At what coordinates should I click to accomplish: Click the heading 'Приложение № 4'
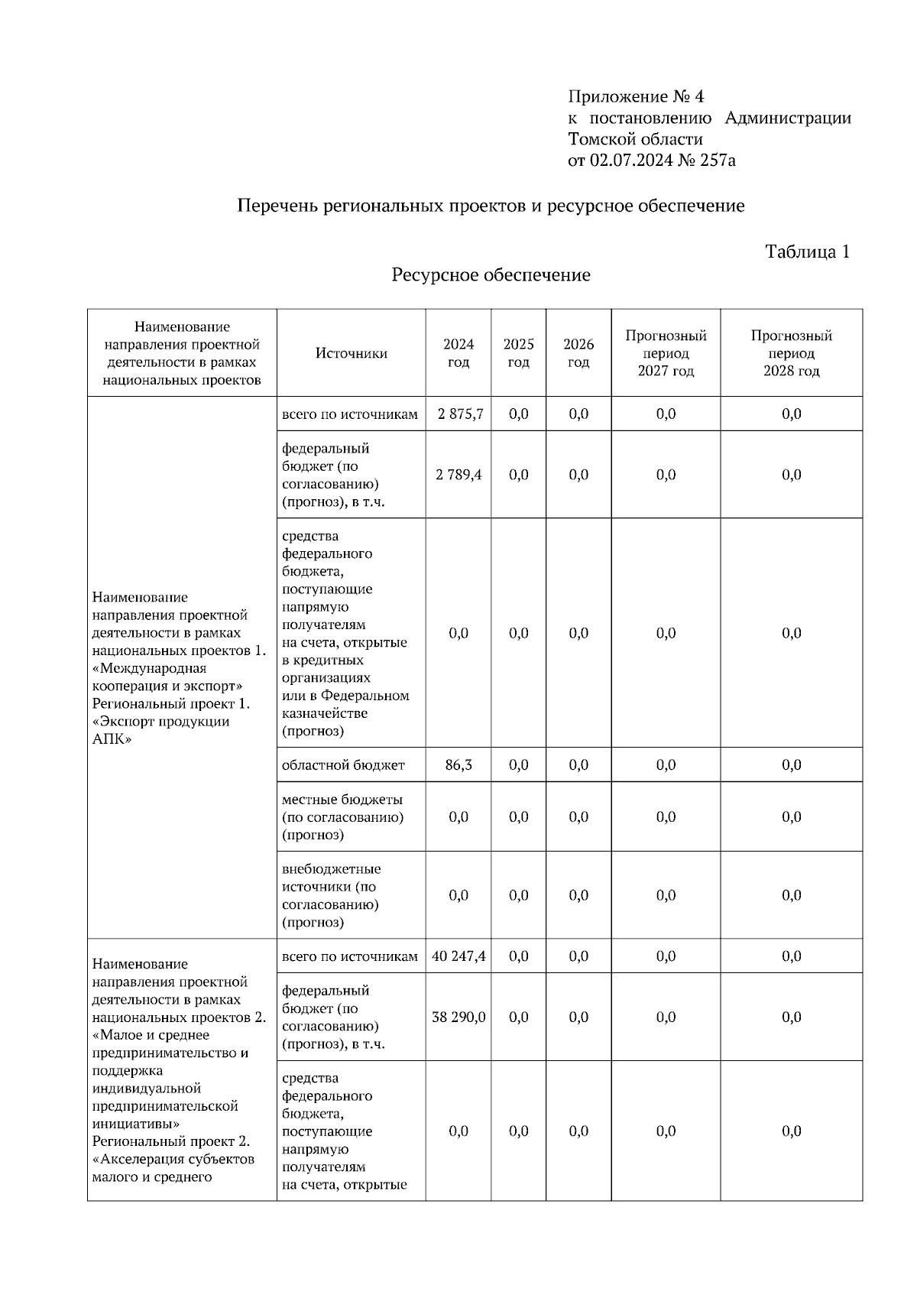(x=635, y=97)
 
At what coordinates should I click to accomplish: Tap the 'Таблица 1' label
(x=807, y=252)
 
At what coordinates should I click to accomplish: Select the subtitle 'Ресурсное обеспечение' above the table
(x=491, y=275)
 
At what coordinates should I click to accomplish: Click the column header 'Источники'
(x=352, y=353)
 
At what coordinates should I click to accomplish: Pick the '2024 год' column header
(x=458, y=353)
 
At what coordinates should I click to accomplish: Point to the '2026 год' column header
(x=578, y=353)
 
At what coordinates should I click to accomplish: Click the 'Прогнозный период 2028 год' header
(x=791, y=353)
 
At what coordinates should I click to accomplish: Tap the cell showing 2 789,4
(x=458, y=475)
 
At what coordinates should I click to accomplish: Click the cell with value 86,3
(x=458, y=765)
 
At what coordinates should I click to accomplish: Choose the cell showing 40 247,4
(x=458, y=956)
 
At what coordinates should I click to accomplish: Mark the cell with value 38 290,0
(x=458, y=1017)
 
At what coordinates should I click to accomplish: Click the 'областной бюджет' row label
(x=343, y=765)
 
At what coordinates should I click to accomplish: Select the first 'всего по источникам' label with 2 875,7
(x=350, y=414)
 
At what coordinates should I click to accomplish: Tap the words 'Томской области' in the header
(x=635, y=139)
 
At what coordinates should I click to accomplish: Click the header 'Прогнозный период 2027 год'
(x=666, y=353)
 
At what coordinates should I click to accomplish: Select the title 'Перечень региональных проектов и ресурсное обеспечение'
(x=491, y=206)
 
